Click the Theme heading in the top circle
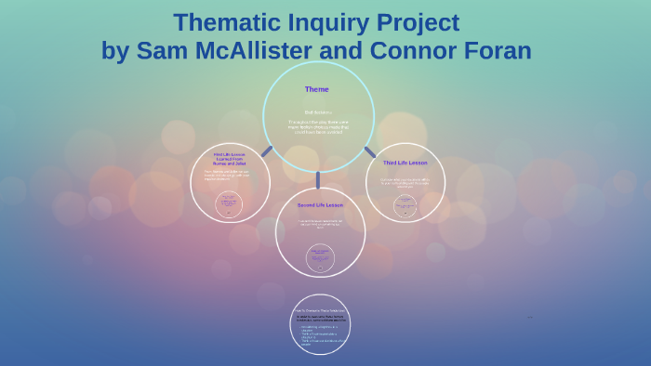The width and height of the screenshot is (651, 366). pos(317,89)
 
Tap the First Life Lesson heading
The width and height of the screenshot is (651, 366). pos(230,158)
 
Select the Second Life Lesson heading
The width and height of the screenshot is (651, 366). pos(320,204)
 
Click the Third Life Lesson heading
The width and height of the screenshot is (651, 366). pos(405,163)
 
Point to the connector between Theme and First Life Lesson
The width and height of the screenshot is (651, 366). pos(267,150)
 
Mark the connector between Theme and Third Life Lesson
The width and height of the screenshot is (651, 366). pos(370,151)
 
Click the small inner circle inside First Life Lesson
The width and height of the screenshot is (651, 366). pos(229,204)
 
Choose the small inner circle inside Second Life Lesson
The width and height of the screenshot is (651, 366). pos(320,256)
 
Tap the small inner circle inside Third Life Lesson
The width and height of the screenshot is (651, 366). pos(405,205)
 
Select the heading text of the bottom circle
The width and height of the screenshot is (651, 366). pos(320,309)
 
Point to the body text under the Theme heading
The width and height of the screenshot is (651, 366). pos(318,124)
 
